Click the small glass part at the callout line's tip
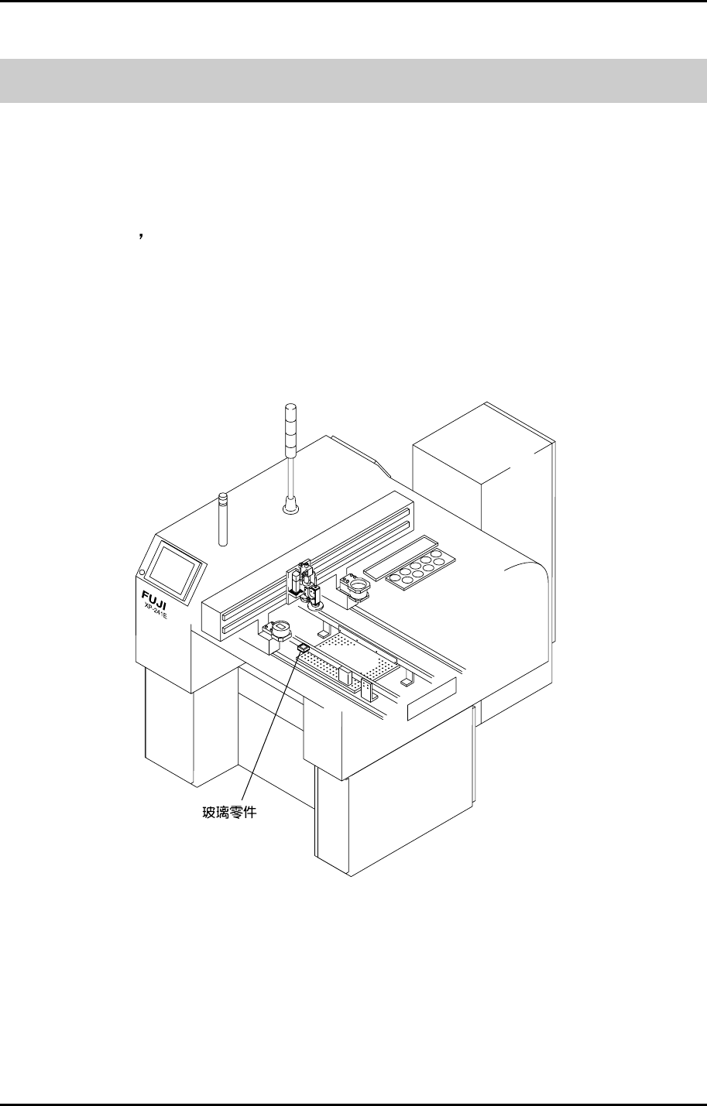(303, 647)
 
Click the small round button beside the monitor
(142, 573)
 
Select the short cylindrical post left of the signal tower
(223, 519)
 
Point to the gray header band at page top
(353, 80)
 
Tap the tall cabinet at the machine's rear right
(484, 480)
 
